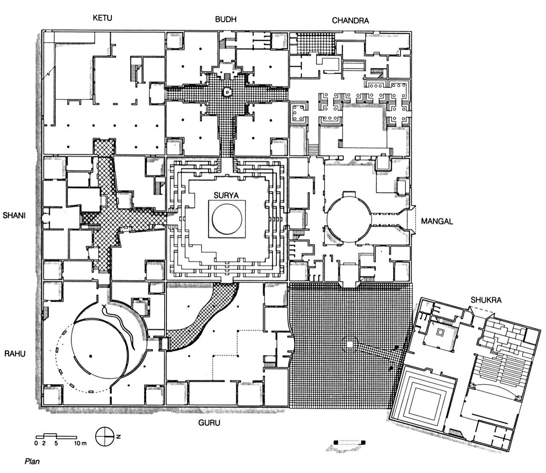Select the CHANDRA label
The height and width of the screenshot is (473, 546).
coord(350,20)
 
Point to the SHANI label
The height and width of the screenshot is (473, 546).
coord(15,216)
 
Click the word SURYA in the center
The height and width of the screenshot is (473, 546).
coord(227,194)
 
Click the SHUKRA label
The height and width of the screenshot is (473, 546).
coord(485,300)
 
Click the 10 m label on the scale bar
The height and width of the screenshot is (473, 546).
coord(80,444)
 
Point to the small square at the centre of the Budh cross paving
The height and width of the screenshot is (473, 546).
coord(227,92)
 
